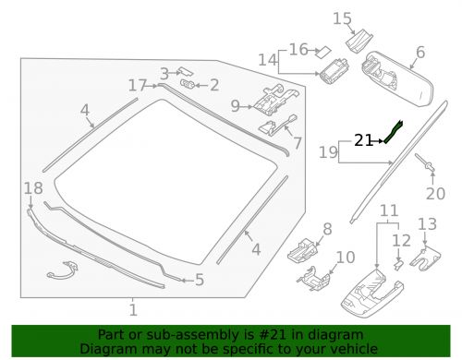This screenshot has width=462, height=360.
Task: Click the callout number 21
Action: [363, 141]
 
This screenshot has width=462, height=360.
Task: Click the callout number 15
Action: [342, 18]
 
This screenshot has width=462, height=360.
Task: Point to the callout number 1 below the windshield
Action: [132, 311]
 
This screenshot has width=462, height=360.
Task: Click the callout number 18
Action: [32, 189]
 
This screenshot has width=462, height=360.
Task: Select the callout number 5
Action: [199, 281]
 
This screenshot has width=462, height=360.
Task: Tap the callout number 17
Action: [138, 85]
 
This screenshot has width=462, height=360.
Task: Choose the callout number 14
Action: [267, 61]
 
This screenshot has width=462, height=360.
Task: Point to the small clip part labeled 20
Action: [432, 166]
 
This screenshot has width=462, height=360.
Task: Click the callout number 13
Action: [427, 224]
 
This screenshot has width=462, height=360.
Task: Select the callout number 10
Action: [344, 257]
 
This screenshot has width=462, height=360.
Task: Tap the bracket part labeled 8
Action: [302, 248]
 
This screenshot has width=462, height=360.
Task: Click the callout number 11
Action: [388, 210]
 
